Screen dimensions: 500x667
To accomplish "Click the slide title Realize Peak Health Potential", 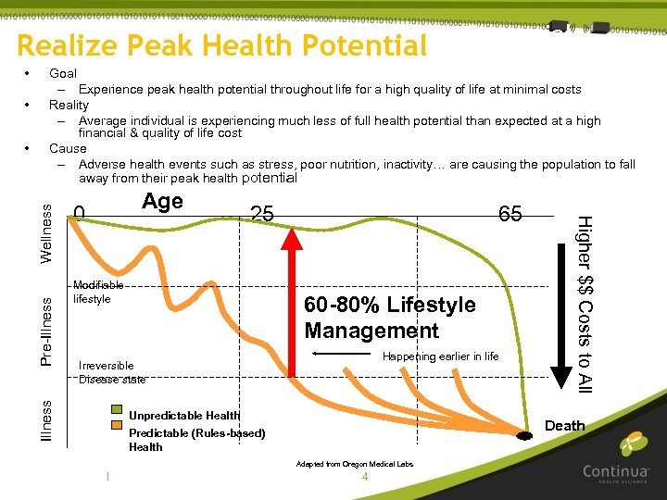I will coord(222,45).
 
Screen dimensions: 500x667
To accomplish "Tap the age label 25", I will coord(262,214).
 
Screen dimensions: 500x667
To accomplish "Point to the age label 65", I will coord(510,214).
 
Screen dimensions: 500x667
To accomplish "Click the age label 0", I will coord(80,215).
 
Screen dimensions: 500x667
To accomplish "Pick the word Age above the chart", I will coord(162,202).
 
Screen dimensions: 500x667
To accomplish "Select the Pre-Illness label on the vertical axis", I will coord(47,330).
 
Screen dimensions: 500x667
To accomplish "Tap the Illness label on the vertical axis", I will coord(47,419).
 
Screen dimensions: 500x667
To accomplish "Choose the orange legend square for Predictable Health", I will coord(117,426).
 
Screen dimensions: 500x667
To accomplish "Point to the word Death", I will coord(564,426).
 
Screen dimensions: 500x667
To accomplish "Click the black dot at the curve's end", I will coord(524,435).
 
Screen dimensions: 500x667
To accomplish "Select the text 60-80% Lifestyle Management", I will coord(389,318).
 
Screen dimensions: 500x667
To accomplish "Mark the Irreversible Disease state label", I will coord(111,372).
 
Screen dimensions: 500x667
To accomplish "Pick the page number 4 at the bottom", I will coord(365,477).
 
